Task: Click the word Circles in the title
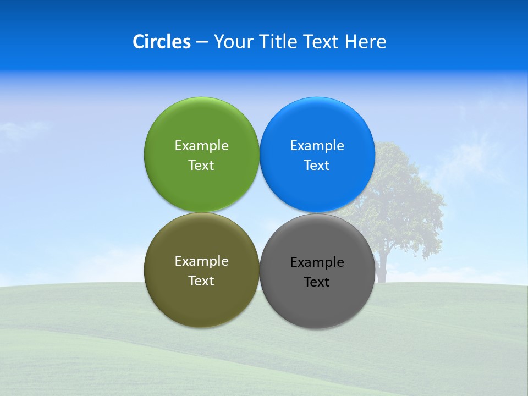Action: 161,42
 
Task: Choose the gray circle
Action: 317,305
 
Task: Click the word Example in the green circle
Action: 201,146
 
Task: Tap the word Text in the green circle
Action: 201,166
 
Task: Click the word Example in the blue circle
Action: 317,146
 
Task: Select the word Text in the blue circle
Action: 317,166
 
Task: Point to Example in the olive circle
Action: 201,261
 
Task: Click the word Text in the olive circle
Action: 201,281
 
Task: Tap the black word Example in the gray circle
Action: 317,262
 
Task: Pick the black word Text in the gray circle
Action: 317,282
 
